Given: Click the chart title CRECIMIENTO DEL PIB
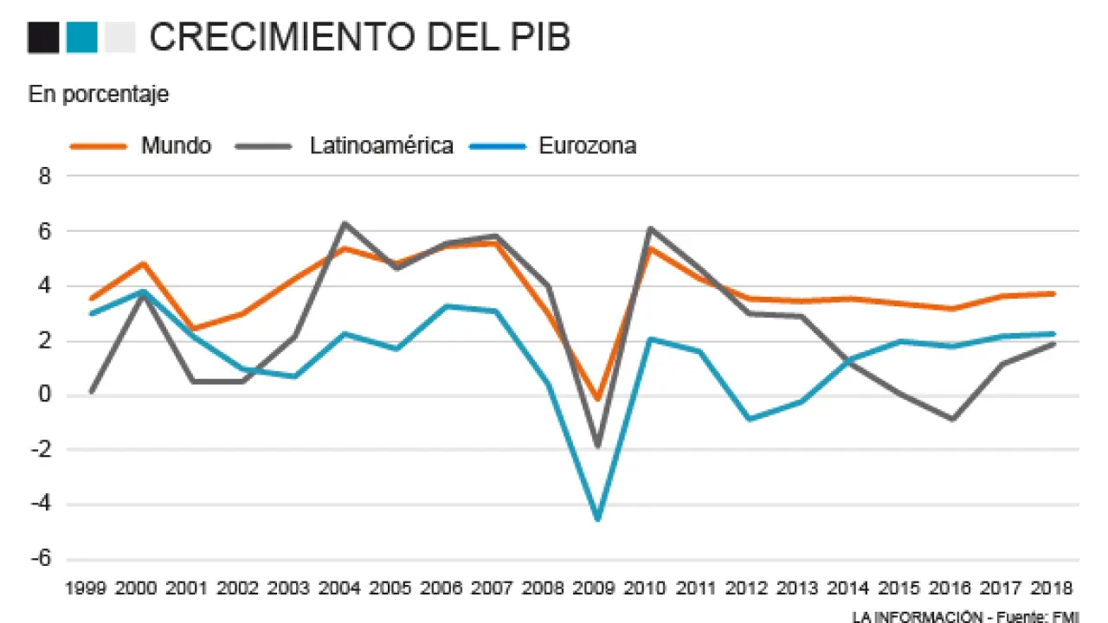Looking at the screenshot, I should [x=359, y=38].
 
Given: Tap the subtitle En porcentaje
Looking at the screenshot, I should [x=99, y=95].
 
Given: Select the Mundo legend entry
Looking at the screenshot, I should [x=176, y=145].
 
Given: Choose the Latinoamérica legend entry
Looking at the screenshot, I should [x=381, y=145].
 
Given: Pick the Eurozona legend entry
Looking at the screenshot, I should [x=587, y=145].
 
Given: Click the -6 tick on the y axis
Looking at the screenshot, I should [x=41, y=559].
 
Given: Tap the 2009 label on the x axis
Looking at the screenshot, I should [x=596, y=589].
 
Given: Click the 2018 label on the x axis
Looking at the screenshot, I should [x=1053, y=589].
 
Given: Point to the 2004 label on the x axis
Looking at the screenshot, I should [x=340, y=589].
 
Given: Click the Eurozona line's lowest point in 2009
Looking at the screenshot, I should [x=596, y=519].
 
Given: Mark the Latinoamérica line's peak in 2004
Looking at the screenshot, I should [x=345, y=223].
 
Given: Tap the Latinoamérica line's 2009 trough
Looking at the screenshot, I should [x=596, y=446].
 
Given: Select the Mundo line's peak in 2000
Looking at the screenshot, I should [x=142, y=263].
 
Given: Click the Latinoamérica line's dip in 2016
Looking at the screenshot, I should [x=952, y=420].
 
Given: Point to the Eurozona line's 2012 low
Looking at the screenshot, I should [x=749, y=420].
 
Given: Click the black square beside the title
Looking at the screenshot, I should [x=43, y=38].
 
